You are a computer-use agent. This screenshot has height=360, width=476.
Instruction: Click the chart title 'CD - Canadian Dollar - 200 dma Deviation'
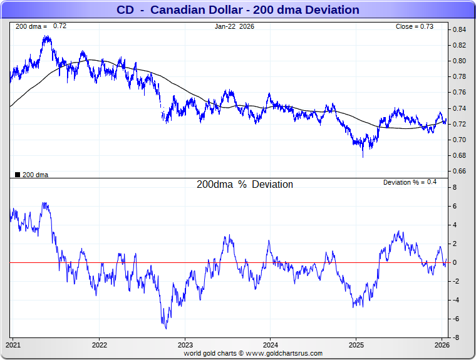click(238, 10)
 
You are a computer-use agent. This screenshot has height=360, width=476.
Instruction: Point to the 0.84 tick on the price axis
click(460, 29)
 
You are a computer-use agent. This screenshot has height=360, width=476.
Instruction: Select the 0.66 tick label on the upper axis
click(460, 171)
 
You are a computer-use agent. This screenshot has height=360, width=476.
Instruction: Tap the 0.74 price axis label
click(460, 108)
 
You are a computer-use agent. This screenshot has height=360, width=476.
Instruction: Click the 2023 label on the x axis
click(185, 344)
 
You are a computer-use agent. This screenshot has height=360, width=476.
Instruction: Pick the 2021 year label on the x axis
click(14, 344)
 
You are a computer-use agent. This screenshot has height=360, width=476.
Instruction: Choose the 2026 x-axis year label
click(442, 344)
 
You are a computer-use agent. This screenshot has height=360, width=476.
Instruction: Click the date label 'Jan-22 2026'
click(234, 26)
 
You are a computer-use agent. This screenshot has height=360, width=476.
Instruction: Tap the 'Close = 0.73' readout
click(414, 26)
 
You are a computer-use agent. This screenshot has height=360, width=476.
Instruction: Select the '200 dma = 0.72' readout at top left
click(40, 26)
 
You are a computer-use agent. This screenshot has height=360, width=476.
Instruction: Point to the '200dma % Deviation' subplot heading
click(245, 185)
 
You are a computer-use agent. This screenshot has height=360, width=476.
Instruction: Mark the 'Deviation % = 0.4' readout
click(410, 182)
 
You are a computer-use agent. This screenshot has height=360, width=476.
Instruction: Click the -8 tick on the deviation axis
click(458, 338)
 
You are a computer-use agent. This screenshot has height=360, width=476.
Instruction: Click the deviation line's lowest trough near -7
click(165, 327)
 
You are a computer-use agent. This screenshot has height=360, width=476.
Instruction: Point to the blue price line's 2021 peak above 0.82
click(46, 37)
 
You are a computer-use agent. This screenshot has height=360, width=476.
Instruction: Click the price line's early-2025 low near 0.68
click(363, 156)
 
